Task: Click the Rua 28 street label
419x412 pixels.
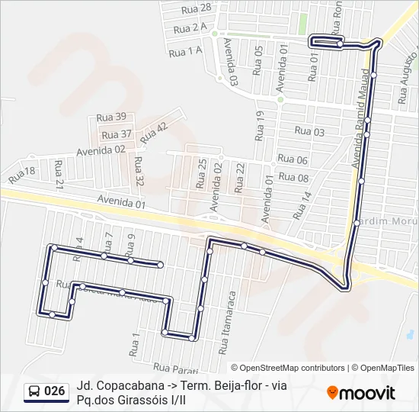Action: point(197,9)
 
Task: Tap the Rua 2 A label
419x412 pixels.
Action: point(190,28)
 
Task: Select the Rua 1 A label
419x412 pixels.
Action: point(185,51)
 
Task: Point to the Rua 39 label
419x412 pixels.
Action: point(111,117)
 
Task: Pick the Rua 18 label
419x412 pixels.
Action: point(22,175)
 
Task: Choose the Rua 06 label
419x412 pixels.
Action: point(293,159)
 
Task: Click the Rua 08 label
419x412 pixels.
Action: point(293,178)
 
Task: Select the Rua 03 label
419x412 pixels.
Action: point(309,132)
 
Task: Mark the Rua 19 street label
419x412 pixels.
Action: point(260,125)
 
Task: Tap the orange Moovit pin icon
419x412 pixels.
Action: point(332,393)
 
